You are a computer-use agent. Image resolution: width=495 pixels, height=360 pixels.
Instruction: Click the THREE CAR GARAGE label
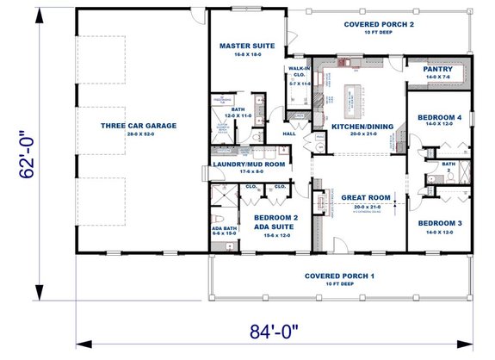pos(138,126)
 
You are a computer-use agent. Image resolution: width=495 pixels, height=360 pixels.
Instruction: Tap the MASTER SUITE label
pos(246,46)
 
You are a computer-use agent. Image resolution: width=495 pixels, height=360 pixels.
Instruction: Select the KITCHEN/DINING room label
pos(362,127)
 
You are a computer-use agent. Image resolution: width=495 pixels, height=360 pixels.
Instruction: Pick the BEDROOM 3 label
pos(440,223)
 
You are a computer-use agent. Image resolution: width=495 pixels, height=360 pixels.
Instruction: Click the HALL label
pos(290,134)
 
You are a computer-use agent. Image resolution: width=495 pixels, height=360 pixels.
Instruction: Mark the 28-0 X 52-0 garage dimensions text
pos(138,135)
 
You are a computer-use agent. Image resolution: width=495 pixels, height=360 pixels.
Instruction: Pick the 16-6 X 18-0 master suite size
pos(246,55)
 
